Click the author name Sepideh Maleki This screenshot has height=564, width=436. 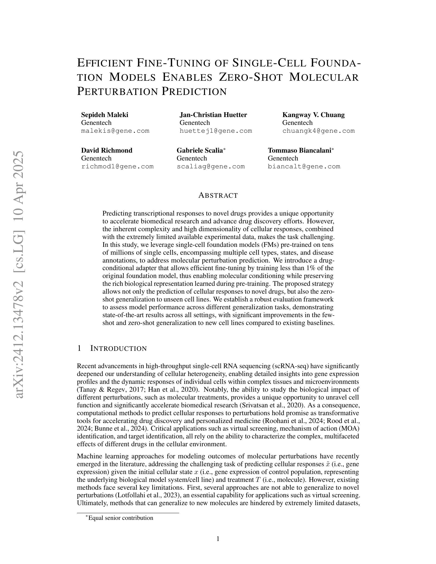coord(105,115)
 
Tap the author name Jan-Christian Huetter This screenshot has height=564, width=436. coord(213,115)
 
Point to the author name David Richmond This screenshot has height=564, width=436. coord(107,150)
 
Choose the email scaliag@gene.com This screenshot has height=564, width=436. coord(210,166)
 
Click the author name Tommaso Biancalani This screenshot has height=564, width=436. coord(299,150)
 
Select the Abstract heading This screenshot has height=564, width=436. coord(218,196)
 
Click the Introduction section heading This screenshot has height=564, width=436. coord(118,348)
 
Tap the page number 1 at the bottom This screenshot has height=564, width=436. coord(218,539)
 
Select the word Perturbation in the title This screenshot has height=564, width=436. coord(118,91)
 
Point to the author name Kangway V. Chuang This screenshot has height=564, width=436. coord(313,115)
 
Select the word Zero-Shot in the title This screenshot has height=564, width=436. coord(250,77)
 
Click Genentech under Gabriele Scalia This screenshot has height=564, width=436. coord(192,158)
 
